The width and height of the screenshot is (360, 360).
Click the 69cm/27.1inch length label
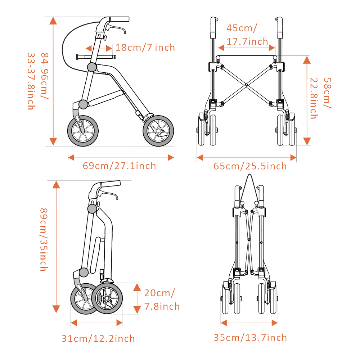coord(119,166)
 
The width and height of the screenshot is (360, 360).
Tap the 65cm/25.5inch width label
coord(250,166)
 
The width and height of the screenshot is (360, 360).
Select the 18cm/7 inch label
coord(145,48)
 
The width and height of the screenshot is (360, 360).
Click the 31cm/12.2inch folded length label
coord(98,339)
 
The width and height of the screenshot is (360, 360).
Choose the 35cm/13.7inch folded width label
coord(250,338)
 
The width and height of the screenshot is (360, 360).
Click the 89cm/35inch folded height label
coord(43,239)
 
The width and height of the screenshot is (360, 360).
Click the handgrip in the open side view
coord(119,19)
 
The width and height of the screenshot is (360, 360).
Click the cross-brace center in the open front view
coord(246,85)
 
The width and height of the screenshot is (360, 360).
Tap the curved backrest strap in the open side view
coord(67,43)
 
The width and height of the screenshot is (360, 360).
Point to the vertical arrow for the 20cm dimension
coord(137,298)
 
